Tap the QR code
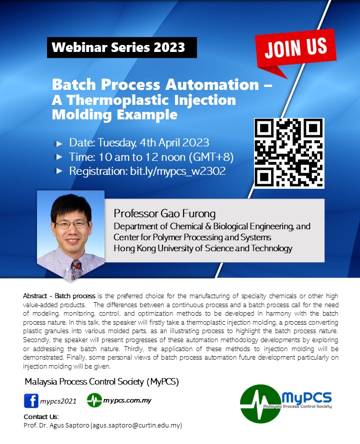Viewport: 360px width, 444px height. (x=289, y=153)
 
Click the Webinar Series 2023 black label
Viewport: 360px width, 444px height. (x=122, y=47)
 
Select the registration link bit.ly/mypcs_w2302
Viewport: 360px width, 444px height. (x=177, y=171)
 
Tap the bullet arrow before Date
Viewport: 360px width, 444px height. (x=59, y=143)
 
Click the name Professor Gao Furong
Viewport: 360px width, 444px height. (x=164, y=213)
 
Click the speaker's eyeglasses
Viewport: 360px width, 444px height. (x=71, y=225)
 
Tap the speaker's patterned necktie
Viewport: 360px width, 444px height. (x=76, y=268)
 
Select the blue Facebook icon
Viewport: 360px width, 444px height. (x=31, y=401)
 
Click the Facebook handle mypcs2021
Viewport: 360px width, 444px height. (x=58, y=402)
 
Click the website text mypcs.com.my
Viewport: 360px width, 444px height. (x=127, y=401)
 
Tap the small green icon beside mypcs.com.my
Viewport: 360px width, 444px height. (x=94, y=401)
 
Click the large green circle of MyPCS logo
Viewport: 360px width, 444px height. (x=260, y=404)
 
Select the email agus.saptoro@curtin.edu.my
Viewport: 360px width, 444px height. (x=136, y=426)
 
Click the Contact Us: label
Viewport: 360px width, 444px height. (x=41, y=417)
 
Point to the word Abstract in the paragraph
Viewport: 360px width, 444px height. (x=35, y=296)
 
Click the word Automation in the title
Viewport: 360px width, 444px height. (x=212, y=84)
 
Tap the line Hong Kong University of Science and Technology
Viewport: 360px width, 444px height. (x=203, y=248)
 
